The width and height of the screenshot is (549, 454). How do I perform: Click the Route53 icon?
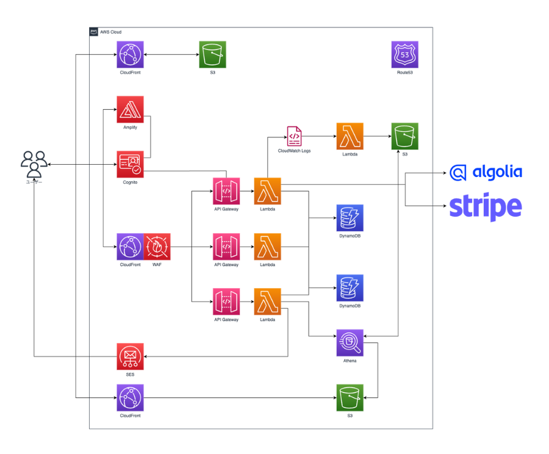[405, 54]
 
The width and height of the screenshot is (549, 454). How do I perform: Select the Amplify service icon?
[130, 109]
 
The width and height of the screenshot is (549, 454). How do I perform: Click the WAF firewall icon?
[157, 247]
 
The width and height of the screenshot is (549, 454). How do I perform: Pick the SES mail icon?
[130, 356]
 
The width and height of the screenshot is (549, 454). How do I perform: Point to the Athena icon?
[350, 342]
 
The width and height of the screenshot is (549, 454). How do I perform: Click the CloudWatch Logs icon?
[294, 135]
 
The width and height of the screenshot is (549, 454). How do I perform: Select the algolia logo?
[486, 172]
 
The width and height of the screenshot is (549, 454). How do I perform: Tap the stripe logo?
[486, 207]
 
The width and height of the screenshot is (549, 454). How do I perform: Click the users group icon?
[34, 164]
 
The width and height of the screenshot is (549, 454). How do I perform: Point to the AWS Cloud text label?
[110, 32]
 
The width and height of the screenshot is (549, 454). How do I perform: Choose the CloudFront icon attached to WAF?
[130, 247]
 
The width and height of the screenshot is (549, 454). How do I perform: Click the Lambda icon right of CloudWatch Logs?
[350, 136]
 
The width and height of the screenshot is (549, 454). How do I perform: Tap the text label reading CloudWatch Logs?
[294, 150]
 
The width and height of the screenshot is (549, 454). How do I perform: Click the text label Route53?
[405, 73]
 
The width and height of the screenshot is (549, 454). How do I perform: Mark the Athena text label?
[350, 361]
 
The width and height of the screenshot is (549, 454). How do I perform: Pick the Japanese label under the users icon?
[34, 182]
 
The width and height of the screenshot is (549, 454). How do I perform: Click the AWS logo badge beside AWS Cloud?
[94, 32]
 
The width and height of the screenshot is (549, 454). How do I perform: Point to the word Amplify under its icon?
[130, 127]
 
